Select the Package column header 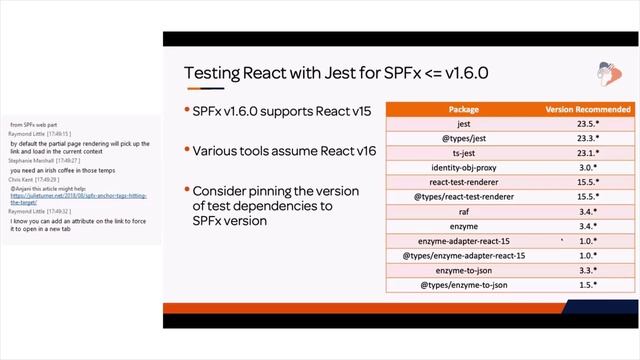[463, 108]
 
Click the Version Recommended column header [587, 108]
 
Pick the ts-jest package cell [463, 153]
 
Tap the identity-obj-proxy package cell [463, 168]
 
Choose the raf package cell [463, 212]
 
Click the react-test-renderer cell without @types [463, 182]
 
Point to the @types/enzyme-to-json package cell [463, 286]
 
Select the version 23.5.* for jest [587, 124]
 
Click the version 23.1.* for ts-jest [587, 153]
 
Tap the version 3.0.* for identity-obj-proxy [587, 168]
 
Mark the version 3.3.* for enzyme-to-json [587, 271]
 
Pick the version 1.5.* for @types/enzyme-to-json [587, 286]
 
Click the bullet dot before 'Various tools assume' [186, 151]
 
